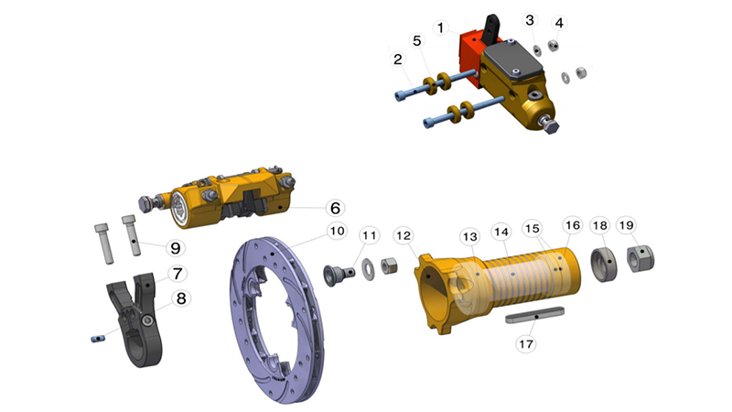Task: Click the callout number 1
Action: pos(440,28)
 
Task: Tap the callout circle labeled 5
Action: pos(417,41)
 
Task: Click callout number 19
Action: pos(626,225)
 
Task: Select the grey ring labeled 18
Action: pos(602,262)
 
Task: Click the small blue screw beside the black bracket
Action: pos(99,338)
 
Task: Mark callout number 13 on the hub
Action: pos(469,236)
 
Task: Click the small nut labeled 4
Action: pos(554,46)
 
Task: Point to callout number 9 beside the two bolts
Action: pos(173,247)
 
